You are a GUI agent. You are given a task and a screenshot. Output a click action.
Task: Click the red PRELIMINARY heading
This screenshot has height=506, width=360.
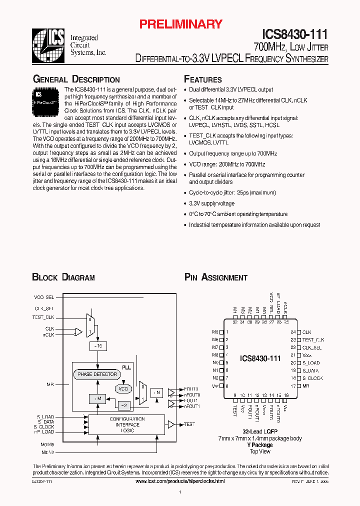point(180,24)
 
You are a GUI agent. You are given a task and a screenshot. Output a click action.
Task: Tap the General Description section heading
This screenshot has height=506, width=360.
point(76,79)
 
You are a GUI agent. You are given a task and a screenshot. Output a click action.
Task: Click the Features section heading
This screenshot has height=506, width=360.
point(203,79)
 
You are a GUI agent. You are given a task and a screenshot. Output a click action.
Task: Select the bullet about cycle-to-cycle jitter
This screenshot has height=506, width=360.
point(232,192)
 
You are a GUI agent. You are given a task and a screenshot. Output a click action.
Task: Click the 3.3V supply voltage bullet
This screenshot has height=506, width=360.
point(211,203)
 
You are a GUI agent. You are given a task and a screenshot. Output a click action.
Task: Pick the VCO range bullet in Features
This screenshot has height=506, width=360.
point(227,164)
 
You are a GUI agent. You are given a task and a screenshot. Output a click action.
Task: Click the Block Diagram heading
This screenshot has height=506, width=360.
point(63,277)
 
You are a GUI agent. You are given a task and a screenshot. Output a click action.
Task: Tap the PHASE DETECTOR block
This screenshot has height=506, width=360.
point(97,374)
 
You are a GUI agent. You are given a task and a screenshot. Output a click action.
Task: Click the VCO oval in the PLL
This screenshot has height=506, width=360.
point(123,388)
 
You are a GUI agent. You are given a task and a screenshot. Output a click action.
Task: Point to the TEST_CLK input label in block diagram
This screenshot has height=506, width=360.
point(43,317)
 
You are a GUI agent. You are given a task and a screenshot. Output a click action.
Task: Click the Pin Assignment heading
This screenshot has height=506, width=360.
point(216,277)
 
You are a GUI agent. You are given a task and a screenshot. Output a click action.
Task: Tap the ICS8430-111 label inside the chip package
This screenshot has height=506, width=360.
point(260,358)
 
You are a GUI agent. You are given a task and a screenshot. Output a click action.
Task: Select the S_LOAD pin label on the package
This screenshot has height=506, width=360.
point(310,363)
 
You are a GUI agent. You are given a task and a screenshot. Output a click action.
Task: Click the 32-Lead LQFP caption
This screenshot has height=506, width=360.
point(259,431)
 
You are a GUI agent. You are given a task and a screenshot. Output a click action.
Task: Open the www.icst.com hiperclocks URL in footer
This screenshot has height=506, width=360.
point(180,481)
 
